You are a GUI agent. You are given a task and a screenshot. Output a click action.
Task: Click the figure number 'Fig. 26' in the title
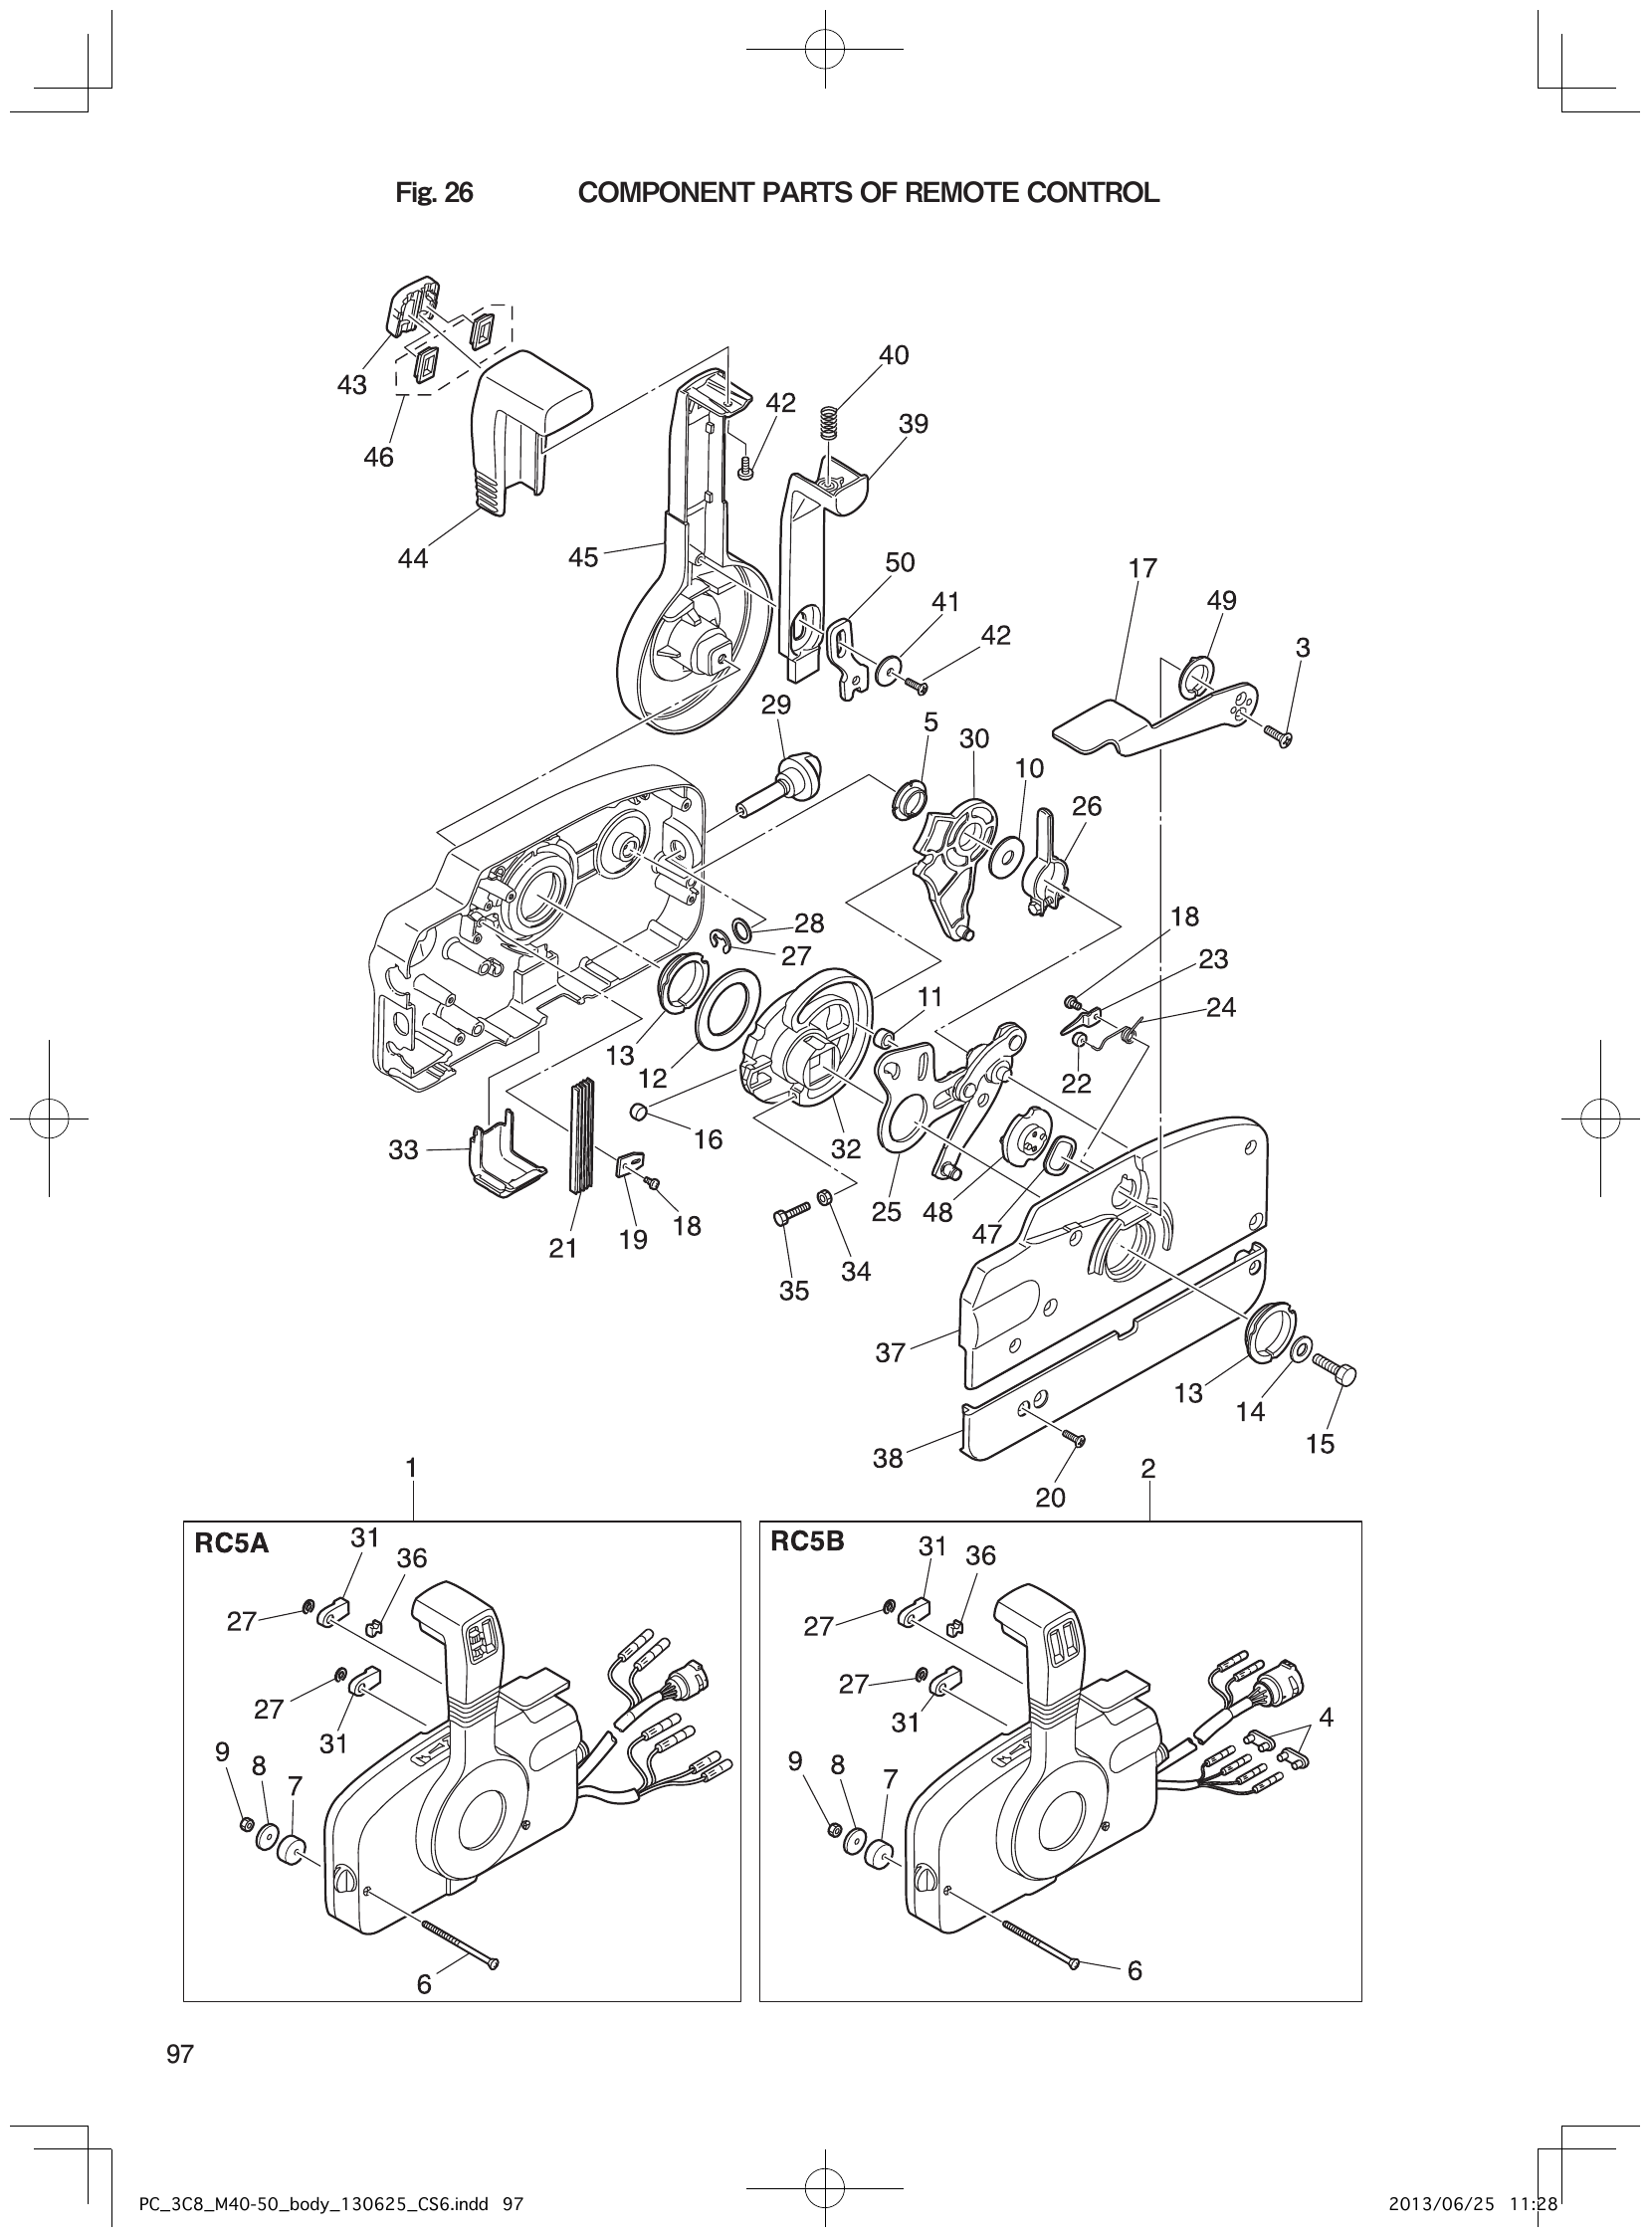pyautogui.click(x=434, y=193)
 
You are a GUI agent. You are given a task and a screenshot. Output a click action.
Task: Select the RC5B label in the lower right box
pyautogui.click(x=807, y=1541)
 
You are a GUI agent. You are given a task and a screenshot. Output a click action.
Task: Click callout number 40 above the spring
pyautogui.click(x=893, y=355)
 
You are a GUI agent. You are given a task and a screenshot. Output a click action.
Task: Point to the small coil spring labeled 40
pyautogui.click(x=827, y=423)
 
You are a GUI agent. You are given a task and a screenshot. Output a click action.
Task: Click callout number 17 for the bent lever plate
pyautogui.click(x=1141, y=568)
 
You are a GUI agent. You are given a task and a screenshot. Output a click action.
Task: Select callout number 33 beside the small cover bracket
pyautogui.click(x=402, y=1150)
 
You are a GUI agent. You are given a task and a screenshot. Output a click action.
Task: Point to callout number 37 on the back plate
pyautogui.click(x=890, y=1352)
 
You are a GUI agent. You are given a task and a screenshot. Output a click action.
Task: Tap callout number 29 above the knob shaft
pyautogui.click(x=775, y=705)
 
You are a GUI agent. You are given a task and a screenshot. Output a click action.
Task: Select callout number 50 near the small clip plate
pyautogui.click(x=899, y=562)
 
